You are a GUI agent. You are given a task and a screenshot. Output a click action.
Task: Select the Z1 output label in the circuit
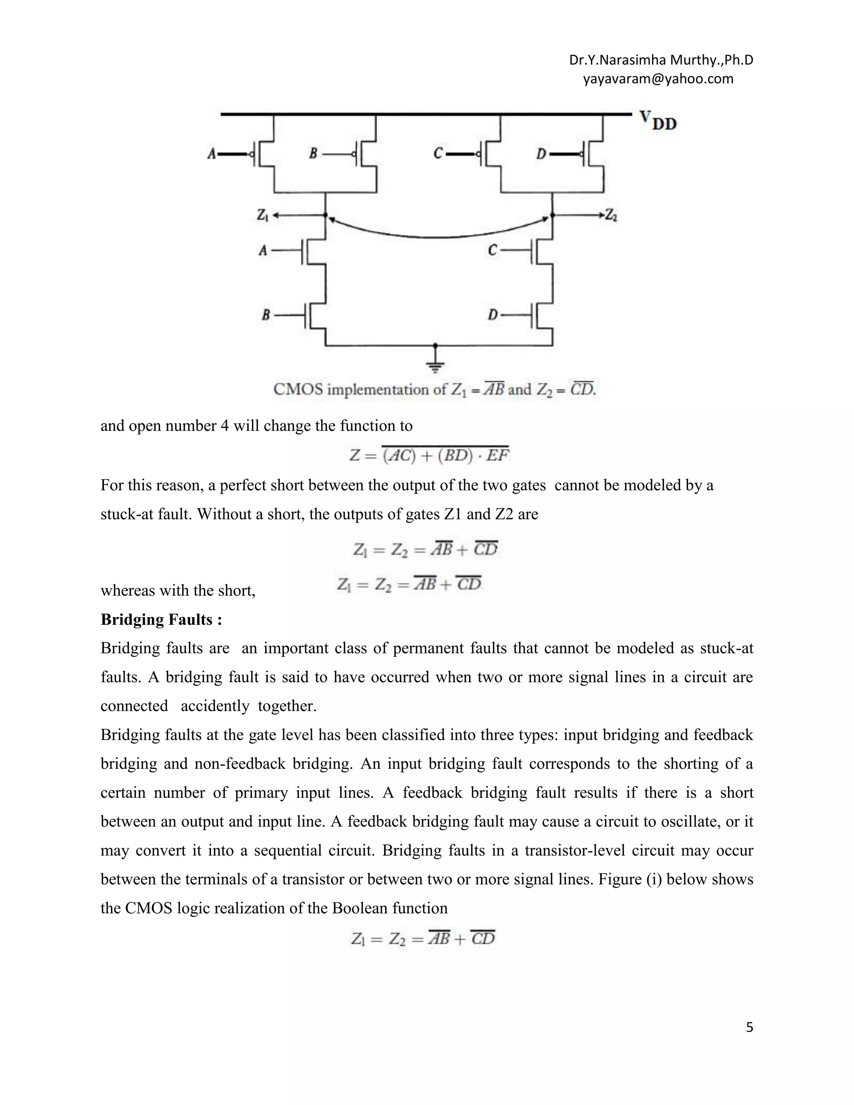pyautogui.click(x=262, y=216)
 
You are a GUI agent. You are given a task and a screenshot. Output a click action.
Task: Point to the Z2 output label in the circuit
pyautogui.click(x=611, y=216)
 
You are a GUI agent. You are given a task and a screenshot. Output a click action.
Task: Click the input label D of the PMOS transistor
pyautogui.click(x=541, y=153)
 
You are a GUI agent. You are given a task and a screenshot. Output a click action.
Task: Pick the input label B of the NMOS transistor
pyautogui.click(x=266, y=315)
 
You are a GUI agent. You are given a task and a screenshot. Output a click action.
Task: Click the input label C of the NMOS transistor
pyautogui.click(x=492, y=250)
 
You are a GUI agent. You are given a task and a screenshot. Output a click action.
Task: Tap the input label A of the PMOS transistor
pyautogui.click(x=212, y=153)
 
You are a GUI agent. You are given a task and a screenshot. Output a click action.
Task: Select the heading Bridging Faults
pyautogui.click(x=161, y=619)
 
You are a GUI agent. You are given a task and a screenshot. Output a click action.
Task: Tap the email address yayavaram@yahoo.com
pyautogui.click(x=658, y=79)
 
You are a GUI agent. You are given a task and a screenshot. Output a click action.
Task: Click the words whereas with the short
pyautogui.click(x=178, y=590)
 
